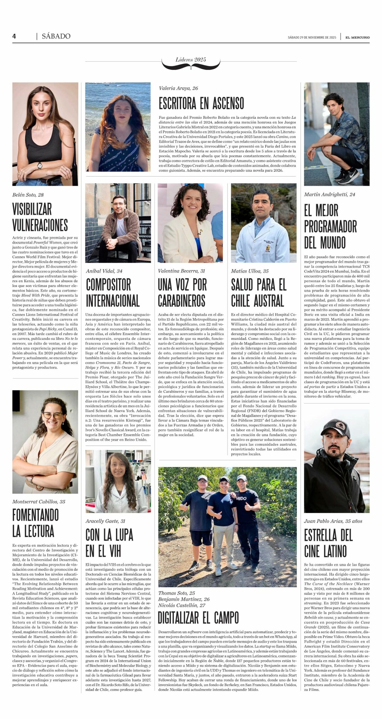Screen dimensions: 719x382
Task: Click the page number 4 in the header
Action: pos(14,36)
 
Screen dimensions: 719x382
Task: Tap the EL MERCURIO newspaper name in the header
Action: pos(357,37)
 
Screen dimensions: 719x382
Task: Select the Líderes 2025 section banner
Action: pos(191,60)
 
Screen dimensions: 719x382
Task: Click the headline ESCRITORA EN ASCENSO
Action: pos(201,103)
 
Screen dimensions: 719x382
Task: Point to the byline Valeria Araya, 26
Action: pos(178,88)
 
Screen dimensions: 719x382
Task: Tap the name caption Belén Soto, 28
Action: pos(28,195)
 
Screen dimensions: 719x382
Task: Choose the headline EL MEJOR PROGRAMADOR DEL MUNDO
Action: pos(330,226)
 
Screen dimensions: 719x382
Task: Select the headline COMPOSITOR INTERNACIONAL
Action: pos(112,292)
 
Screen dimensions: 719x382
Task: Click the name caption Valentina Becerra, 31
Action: pos(181,271)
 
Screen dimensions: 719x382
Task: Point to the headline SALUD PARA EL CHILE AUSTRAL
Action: pos(258,292)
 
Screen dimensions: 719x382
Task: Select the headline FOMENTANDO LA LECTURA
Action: pos(35,523)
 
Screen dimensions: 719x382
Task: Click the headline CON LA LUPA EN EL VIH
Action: pos(109,543)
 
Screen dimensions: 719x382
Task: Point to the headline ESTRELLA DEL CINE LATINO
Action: pos(328,543)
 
